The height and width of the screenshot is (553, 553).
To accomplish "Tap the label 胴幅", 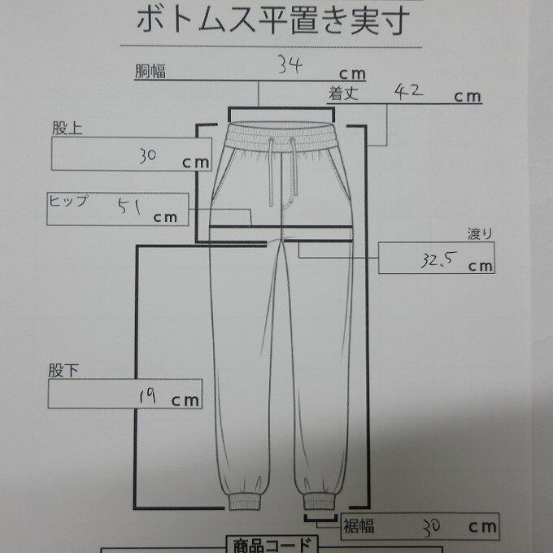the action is pyautogui.click(x=150, y=72).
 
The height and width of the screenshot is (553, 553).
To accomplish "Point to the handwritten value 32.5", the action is pyautogui.click(x=438, y=260).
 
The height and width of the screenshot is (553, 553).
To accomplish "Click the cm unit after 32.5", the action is pyautogui.click(x=481, y=265).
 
